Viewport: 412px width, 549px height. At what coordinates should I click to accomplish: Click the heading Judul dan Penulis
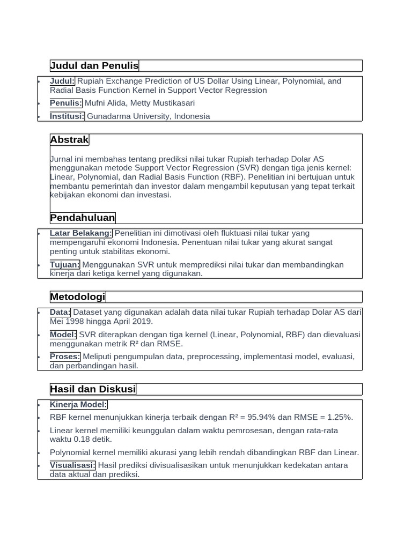tap(94, 66)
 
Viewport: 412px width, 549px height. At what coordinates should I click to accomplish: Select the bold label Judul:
tap(63, 81)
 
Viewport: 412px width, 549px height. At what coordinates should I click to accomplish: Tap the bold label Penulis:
tap(66, 103)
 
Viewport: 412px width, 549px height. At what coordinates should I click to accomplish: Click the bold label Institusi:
tap(67, 116)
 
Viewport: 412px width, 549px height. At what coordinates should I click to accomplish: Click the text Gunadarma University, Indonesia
tap(149, 116)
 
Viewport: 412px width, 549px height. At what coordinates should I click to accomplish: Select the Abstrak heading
tap(69, 140)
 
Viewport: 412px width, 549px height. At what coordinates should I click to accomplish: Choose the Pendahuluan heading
tap(83, 218)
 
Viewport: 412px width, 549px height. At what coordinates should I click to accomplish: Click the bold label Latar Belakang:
tap(81, 233)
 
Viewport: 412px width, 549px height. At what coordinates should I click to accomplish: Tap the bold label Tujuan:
tap(65, 265)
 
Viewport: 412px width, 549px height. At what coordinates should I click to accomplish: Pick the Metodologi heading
tap(78, 297)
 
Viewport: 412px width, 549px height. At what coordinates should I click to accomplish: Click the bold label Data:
tap(60, 312)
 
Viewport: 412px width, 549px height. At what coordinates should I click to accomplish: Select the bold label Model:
tap(63, 335)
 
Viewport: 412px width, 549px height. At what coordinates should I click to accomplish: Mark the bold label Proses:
tap(65, 357)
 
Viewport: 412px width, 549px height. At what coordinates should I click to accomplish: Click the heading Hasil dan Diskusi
tap(93, 389)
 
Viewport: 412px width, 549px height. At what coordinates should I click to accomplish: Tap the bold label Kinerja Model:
tap(78, 405)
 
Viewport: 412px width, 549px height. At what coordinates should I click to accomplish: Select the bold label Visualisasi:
tap(73, 465)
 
